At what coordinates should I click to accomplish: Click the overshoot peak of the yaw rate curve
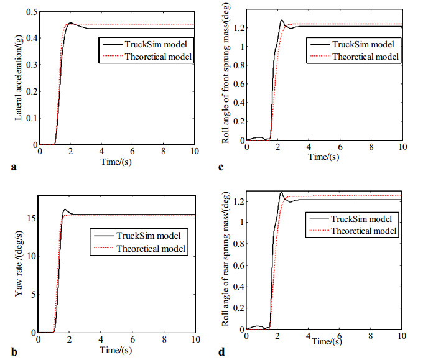pyautogui.click(x=65, y=210)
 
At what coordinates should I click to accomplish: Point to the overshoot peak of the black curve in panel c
pyautogui.click(x=282, y=21)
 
